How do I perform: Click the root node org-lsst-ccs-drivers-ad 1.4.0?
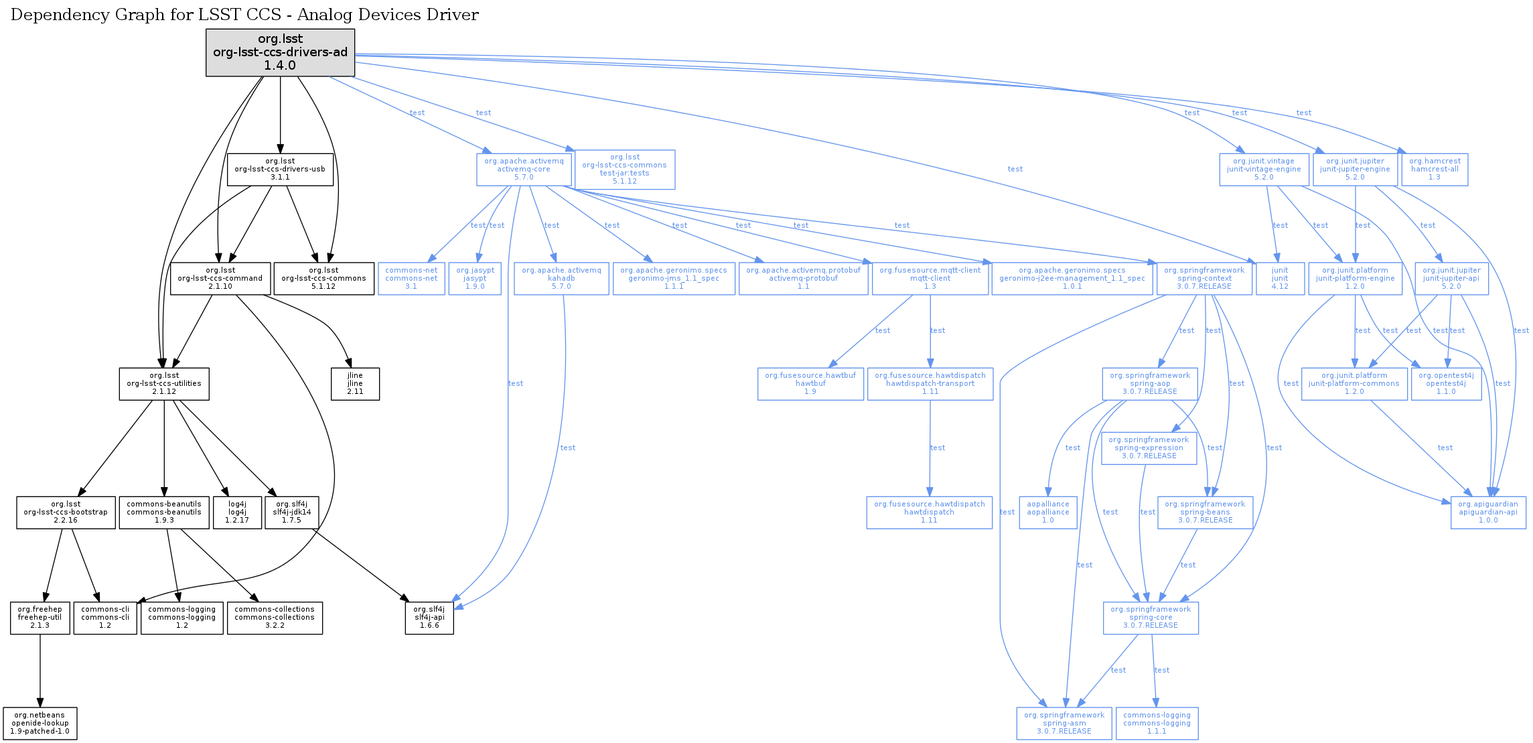coord(280,52)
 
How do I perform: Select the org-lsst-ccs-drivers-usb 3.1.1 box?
coord(280,170)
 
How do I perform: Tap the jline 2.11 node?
coord(355,384)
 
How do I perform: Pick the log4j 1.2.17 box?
coord(237,513)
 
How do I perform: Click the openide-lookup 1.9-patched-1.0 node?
coord(40,724)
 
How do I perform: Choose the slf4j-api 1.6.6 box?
coord(429,618)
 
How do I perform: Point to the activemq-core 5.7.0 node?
coord(524,170)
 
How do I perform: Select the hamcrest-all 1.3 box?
coord(1435,170)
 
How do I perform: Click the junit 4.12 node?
coord(1280,279)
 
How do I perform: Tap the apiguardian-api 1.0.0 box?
coord(1488,513)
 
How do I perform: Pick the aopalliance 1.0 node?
coord(1048,513)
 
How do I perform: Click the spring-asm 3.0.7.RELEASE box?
coord(1064,724)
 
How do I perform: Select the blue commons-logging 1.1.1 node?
coord(1157,724)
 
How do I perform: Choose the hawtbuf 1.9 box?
coord(810,384)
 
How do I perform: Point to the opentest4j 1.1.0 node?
coord(1446,384)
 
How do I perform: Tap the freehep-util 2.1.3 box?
coord(40,618)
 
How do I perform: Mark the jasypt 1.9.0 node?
coord(475,279)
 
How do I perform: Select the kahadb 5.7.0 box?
coord(561,279)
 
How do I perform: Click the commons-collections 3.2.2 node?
coord(275,618)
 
